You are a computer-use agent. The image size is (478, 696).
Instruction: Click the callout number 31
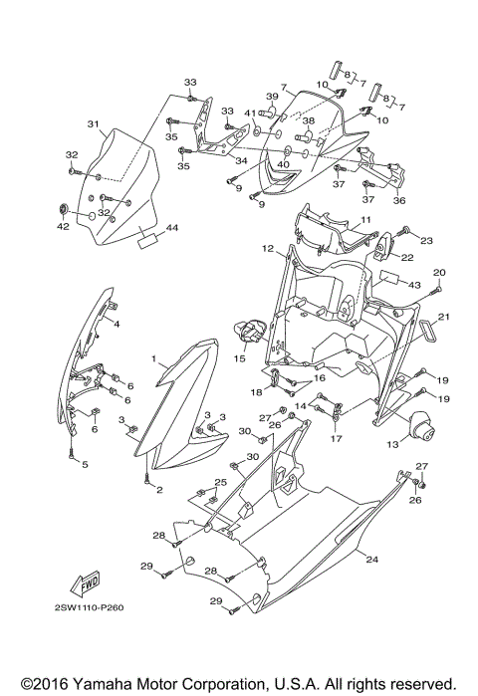pyautogui.click(x=93, y=124)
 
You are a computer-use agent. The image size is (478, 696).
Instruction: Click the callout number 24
pyautogui.click(x=372, y=560)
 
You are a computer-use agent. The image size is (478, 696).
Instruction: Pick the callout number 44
pyautogui.click(x=172, y=228)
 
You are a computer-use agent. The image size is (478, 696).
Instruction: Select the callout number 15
pyautogui.click(x=239, y=358)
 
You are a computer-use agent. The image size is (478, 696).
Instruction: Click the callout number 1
pyautogui.click(x=154, y=356)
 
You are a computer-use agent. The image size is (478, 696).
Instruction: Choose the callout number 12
pyautogui.click(x=268, y=248)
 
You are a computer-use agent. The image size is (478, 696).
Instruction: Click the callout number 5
pyautogui.click(x=85, y=464)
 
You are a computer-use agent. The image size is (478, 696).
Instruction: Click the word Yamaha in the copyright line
pyautogui.click(x=101, y=685)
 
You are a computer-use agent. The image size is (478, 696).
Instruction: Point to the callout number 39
pyautogui.click(x=271, y=97)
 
